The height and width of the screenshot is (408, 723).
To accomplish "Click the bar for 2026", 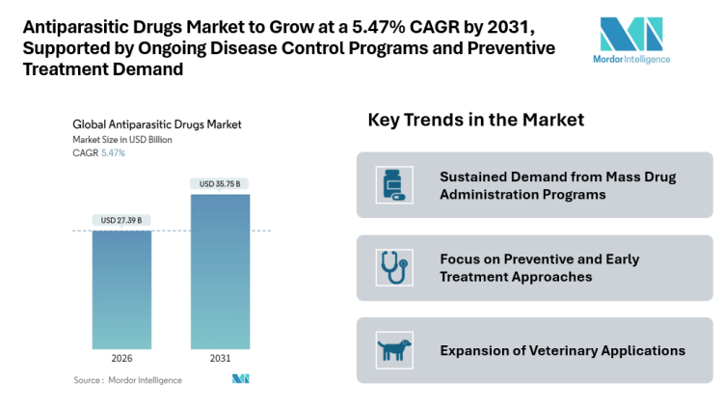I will (121, 289).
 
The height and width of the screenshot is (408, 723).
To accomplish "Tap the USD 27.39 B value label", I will (121, 221).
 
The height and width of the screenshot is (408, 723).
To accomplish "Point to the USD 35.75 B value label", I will (220, 183).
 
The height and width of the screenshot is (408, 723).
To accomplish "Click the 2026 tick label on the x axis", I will (121, 358).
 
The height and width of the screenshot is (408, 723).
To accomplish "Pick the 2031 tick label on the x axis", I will (220, 358).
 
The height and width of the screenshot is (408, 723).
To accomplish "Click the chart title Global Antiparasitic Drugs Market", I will (157, 124).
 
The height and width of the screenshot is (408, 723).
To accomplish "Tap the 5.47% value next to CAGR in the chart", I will (113, 153).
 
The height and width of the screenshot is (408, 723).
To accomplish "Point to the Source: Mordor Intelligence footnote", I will (128, 380).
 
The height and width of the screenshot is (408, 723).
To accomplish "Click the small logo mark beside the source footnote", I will (241, 379).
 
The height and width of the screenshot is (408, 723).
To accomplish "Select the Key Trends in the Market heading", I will (476, 121).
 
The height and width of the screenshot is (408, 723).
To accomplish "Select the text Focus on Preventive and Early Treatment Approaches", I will (539, 268).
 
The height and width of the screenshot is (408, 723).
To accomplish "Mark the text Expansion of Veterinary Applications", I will (562, 350).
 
